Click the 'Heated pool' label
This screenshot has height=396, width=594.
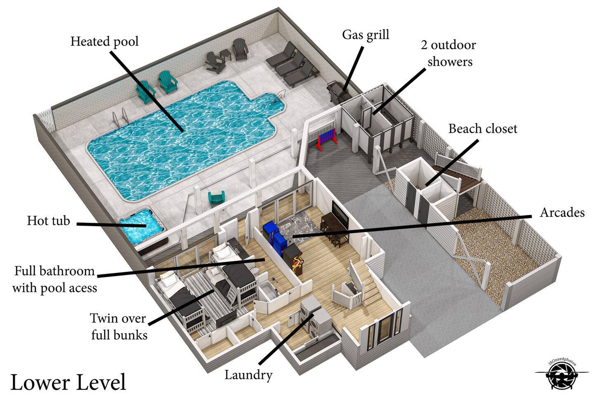104,42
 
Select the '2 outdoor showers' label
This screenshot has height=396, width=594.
449,53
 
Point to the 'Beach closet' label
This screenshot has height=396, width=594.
483,129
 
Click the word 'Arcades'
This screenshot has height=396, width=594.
562,213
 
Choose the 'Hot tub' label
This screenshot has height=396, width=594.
49,221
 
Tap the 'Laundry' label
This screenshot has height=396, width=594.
248,375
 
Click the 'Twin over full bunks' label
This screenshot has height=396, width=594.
118,327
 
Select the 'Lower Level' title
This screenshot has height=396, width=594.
68,382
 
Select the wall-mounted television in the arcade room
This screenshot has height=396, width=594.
340,215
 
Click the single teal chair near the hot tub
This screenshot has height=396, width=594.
217,198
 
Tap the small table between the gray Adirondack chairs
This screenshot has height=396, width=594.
225,54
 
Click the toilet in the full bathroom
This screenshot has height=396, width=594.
254,271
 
